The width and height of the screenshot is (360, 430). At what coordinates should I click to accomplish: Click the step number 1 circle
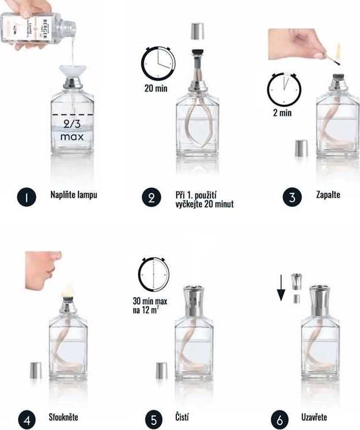pyautogui.click(x=26, y=196)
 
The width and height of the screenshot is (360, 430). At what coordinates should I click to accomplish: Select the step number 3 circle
pyautogui.click(x=292, y=197)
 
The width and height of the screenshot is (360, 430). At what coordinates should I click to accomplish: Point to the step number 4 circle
pyautogui.click(x=26, y=418)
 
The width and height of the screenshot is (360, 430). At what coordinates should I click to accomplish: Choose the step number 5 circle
pyautogui.click(x=152, y=418)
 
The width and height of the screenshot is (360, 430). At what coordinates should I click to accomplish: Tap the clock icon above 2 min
pyautogui.click(x=283, y=89)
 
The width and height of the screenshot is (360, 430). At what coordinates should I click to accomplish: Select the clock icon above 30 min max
pyautogui.click(x=154, y=275)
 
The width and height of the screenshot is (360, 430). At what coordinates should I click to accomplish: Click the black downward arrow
pyautogui.click(x=281, y=287)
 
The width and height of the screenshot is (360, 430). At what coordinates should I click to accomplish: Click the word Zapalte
pyautogui.click(x=328, y=195)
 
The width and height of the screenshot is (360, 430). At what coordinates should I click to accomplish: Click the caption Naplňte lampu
pyautogui.click(x=73, y=195)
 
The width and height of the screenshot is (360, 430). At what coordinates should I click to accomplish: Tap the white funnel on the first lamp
pyautogui.click(x=72, y=72)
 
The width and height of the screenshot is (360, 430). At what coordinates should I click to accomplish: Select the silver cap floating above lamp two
pyautogui.click(x=197, y=31)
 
